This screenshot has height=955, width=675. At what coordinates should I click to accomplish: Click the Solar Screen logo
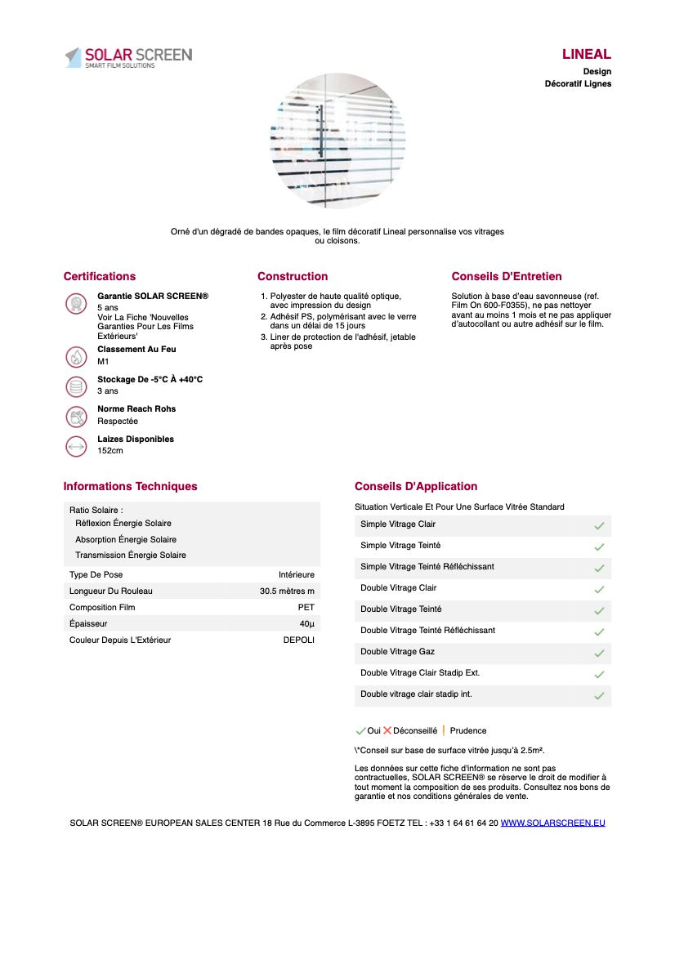point(128,57)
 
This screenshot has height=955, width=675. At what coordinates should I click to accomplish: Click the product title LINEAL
point(586,55)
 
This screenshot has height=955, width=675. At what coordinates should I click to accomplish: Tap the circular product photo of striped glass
point(337,141)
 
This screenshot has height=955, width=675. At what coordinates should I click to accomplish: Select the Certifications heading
point(100,276)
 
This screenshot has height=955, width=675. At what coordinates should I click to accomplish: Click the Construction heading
point(293,276)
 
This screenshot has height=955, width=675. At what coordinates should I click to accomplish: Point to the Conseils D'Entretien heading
point(507,276)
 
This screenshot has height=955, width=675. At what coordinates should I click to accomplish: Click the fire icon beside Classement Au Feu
point(76,356)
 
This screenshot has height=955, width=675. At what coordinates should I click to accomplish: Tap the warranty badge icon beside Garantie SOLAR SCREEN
point(76,304)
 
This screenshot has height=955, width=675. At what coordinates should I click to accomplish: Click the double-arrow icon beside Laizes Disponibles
point(76,446)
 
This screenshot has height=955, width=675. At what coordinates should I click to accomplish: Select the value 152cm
point(110,451)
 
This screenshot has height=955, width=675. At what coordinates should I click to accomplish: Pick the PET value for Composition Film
point(306,607)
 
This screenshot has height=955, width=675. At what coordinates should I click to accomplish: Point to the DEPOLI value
point(299,640)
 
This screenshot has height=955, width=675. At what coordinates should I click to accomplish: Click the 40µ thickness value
point(306,623)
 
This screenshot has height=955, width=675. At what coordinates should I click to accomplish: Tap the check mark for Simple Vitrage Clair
point(599,525)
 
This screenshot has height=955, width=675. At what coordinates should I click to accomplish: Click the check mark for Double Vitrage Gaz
point(599,653)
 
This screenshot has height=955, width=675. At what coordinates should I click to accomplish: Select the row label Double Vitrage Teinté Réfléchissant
point(427,630)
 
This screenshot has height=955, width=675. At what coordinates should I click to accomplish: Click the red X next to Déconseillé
point(387,730)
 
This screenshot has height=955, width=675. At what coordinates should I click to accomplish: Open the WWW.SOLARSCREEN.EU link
point(553,823)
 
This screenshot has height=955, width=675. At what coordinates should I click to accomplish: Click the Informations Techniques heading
point(131,486)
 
